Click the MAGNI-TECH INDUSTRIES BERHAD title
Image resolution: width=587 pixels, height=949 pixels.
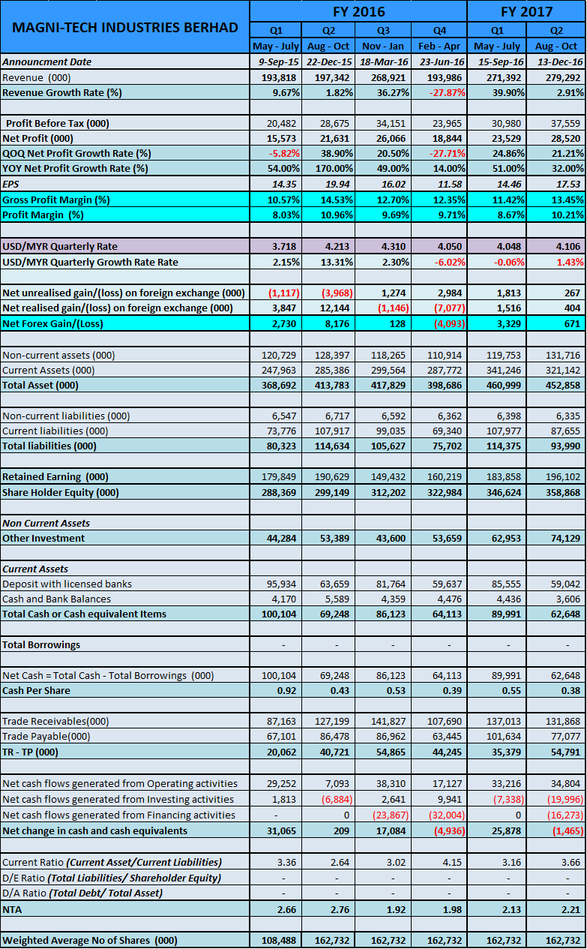coord(125,28)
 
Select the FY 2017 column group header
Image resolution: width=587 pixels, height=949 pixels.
coord(526,11)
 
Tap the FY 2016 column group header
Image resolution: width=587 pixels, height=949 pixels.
coord(358,11)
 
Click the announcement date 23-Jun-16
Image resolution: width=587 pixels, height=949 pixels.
coord(442,62)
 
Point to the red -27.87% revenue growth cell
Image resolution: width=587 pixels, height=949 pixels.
coord(448,92)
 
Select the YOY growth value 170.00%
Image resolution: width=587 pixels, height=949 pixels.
coord(334,168)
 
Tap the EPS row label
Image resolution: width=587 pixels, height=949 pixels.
coord(10,184)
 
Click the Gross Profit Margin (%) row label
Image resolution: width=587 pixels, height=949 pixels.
coord(56,200)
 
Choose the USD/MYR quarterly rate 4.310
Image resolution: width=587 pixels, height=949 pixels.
coord(393,246)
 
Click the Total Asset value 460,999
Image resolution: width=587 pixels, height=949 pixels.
coord(504,385)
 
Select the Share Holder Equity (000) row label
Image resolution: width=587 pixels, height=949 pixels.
coord(61,492)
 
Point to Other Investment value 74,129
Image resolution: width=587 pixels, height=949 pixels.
coord(565,538)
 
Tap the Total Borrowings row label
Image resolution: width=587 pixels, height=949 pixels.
coord(41,644)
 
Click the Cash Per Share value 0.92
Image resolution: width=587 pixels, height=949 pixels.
coord(286,690)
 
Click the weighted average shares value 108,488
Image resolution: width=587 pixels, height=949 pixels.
coord(279,940)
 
